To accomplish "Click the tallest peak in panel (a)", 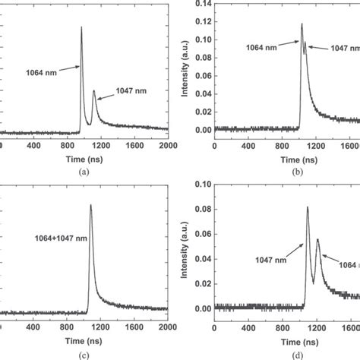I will click(x=81, y=28).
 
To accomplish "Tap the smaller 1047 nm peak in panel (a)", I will click(x=94, y=92).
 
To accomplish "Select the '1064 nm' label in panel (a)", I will click(x=40, y=74).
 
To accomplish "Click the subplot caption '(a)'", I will click(x=84, y=172).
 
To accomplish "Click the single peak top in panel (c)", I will click(x=91, y=204).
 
